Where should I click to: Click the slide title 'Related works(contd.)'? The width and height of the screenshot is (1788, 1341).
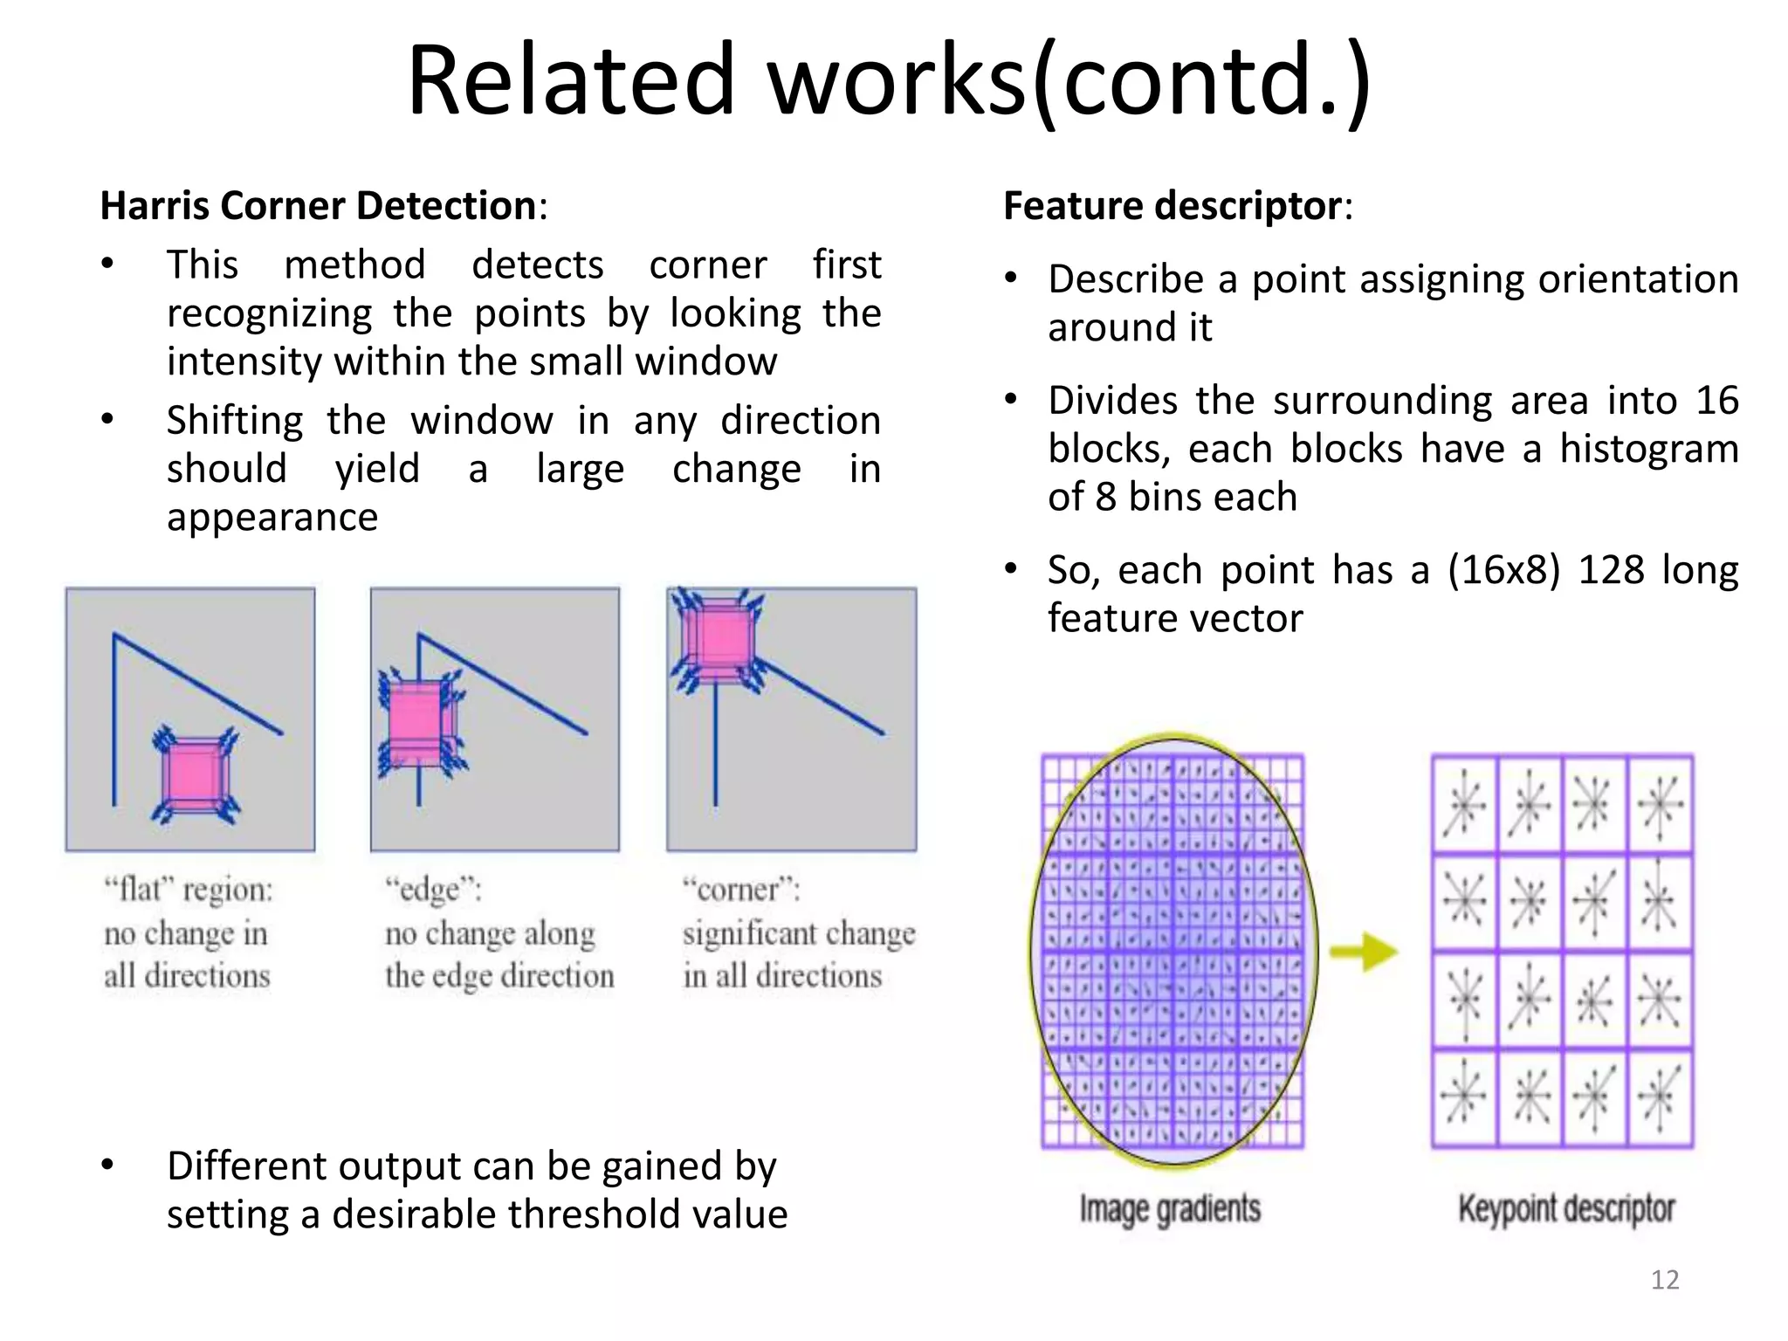[x=889, y=80]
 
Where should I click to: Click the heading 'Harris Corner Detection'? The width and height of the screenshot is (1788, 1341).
[x=318, y=206]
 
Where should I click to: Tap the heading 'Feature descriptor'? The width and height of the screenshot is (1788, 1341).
[x=1172, y=206]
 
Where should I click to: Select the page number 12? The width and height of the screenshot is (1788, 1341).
[x=1665, y=1280]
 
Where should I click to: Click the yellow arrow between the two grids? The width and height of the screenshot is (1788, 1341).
[x=1365, y=952]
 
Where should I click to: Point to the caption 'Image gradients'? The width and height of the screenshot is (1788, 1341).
[x=1170, y=1209]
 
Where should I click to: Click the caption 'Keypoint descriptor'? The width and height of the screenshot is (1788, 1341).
[x=1566, y=1209]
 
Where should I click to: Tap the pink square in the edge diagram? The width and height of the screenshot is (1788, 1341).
[x=417, y=721]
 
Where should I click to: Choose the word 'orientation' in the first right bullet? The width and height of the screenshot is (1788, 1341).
[x=1638, y=279]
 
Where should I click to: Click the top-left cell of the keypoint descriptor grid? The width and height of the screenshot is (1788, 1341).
[x=1465, y=805]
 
